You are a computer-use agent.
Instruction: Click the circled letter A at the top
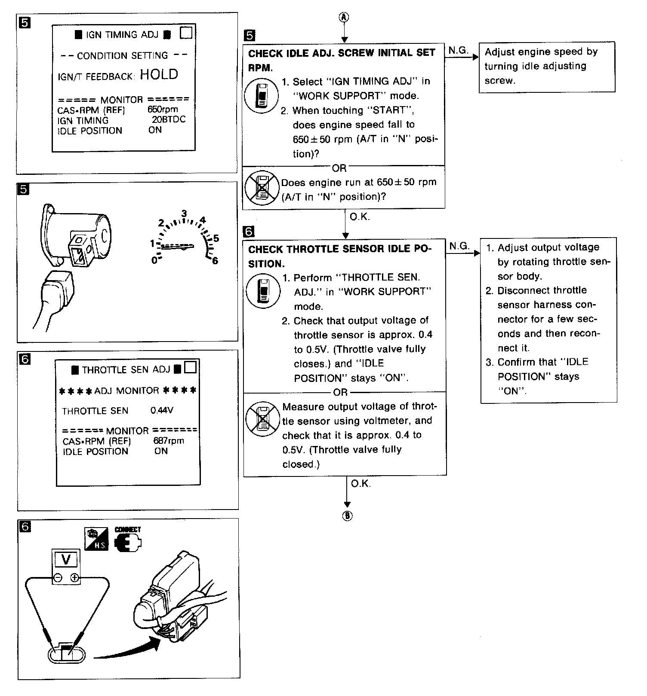[345, 17]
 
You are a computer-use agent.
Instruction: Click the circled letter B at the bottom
[347, 516]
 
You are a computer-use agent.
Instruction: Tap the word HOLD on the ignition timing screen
[159, 74]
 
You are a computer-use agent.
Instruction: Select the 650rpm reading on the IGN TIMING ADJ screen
[163, 109]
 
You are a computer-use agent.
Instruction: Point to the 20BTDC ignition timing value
[169, 119]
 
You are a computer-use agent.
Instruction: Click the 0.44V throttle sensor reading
[162, 410]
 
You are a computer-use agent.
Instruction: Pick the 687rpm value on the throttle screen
[169, 440]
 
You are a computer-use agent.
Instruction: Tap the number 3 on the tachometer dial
[184, 214]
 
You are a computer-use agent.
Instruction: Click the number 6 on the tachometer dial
[215, 261]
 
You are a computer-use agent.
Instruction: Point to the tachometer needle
[176, 247]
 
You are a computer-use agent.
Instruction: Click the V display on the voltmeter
[66, 560]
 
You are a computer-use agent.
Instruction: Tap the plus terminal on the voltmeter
[74, 578]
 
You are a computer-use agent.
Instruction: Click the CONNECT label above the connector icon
[127, 530]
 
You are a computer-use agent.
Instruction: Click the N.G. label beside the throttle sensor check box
[459, 246]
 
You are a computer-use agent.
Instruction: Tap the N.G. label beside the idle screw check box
[458, 50]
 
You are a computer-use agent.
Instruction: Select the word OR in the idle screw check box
[339, 168]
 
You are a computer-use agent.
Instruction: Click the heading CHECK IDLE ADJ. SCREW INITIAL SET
[342, 53]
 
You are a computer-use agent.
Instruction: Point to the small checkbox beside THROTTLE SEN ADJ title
[190, 368]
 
